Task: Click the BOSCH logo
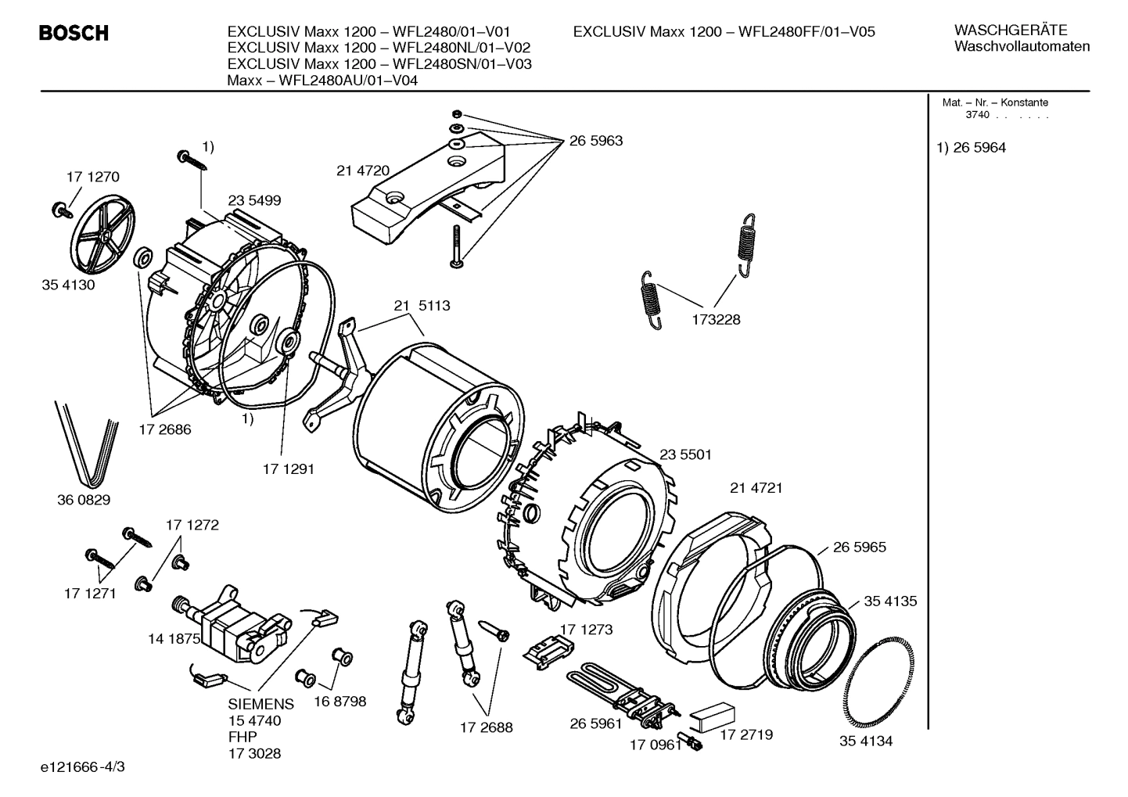74,33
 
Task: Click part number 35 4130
68,285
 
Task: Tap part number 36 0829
84,500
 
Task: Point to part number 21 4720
363,171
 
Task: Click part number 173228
715,319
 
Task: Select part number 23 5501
685,454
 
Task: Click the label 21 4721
756,488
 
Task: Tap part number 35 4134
866,741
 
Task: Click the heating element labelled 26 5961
618,688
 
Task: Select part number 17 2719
745,734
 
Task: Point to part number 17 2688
486,727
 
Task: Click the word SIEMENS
260,704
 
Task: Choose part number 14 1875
174,639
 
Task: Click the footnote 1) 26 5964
972,148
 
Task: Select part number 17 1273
586,629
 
